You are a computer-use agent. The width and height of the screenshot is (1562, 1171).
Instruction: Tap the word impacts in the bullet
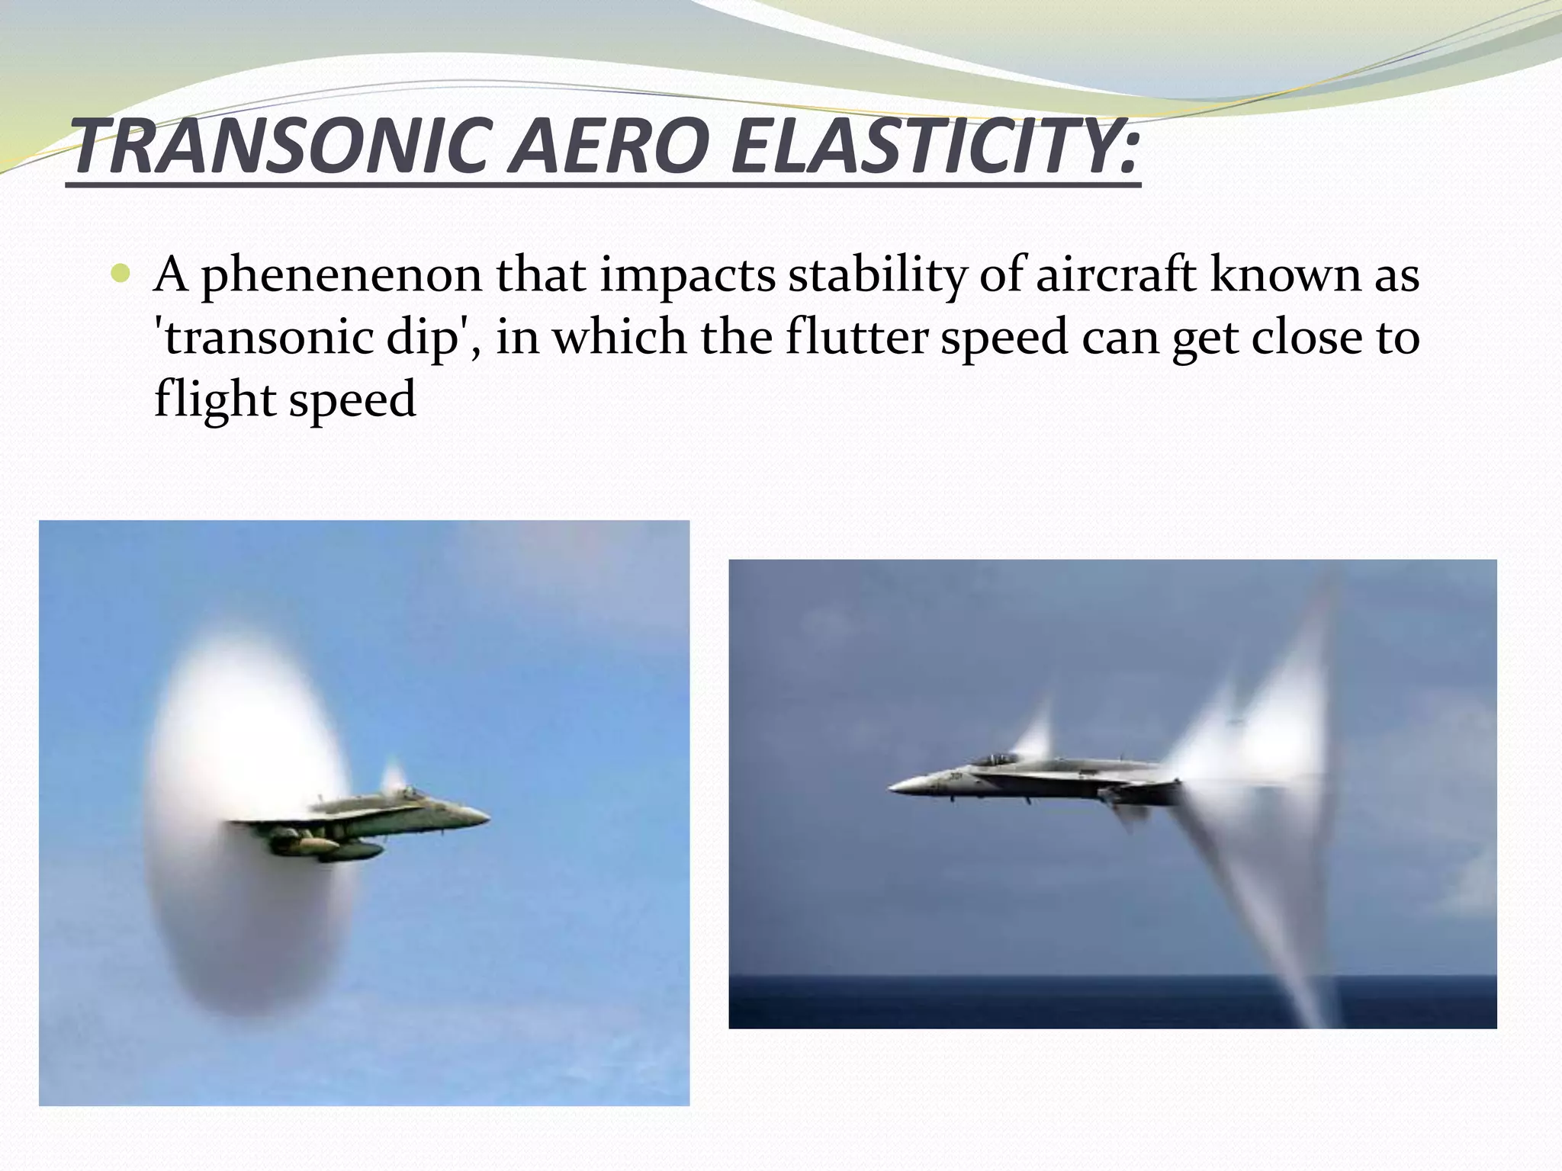click(x=691, y=275)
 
